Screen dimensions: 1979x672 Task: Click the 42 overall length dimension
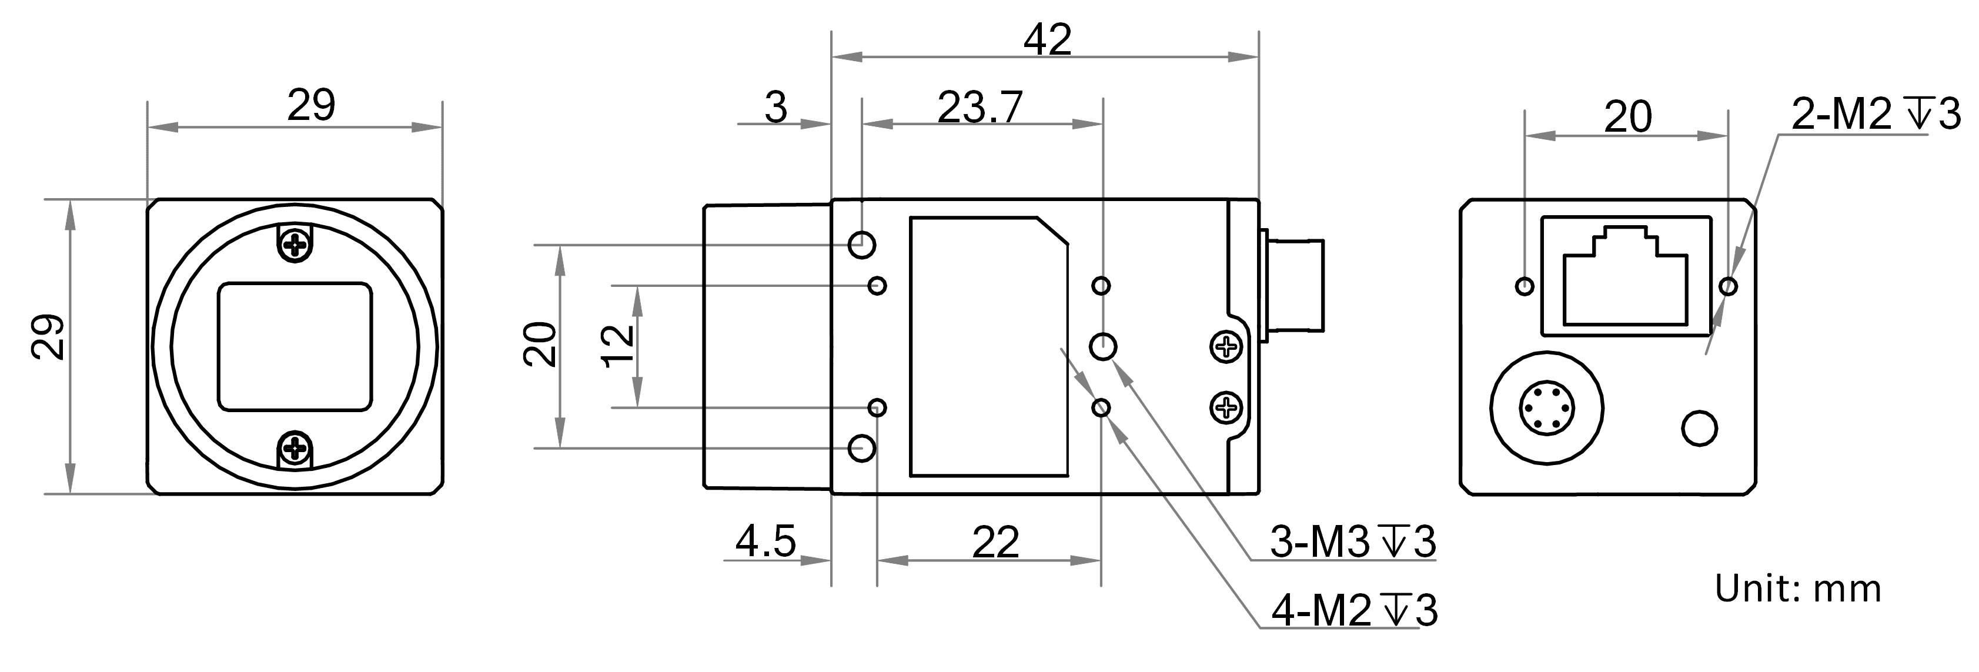[1047, 40]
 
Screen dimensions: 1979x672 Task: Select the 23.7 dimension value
[980, 108]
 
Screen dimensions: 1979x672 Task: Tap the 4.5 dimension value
[766, 541]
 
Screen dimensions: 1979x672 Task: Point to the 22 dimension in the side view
[995, 542]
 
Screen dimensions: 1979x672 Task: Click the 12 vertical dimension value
[619, 346]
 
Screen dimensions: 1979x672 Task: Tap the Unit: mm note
[1798, 589]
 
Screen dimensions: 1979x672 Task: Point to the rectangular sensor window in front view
[295, 347]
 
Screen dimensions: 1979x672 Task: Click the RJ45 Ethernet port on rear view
[1626, 276]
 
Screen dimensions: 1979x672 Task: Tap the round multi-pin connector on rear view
[1546, 408]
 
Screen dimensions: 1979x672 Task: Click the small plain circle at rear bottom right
[1699, 429]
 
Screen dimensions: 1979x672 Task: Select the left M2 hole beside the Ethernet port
[1525, 286]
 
